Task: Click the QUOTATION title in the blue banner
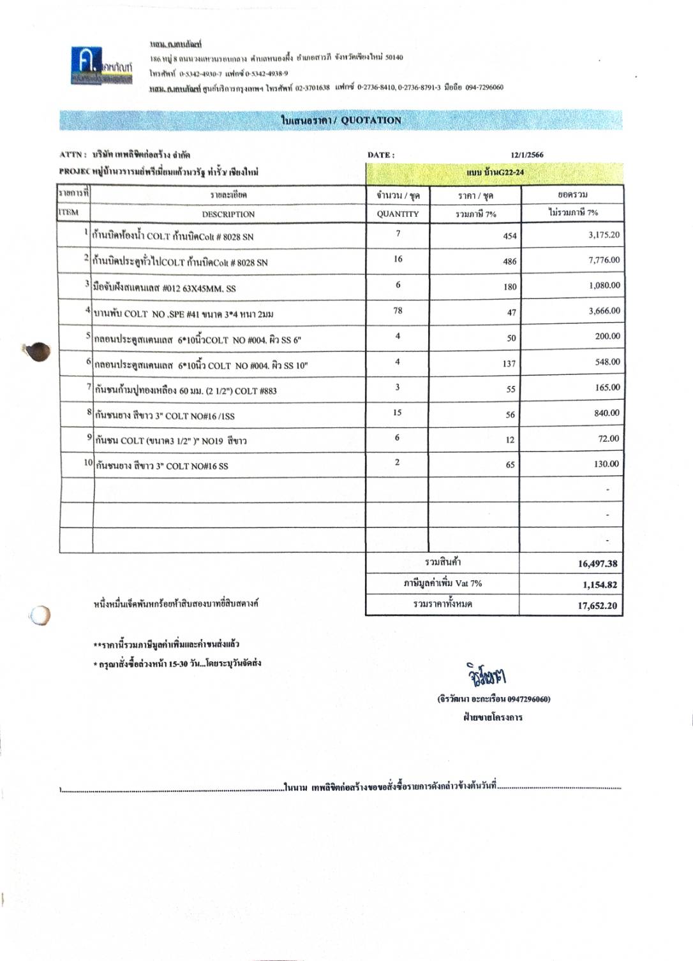pos(341,121)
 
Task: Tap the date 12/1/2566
pos(527,155)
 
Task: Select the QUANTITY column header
pos(397,214)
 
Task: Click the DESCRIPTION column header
pos(228,214)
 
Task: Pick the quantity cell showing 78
pos(398,311)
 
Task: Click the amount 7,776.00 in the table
pos(604,260)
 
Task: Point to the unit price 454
pos(509,236)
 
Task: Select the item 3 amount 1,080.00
pos(604,286)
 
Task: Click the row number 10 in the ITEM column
pos(88,462)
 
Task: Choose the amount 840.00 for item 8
pos(606,413)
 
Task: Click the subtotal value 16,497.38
pos(597,564)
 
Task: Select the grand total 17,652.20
pos(597,606)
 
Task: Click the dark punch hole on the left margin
pos(40,351)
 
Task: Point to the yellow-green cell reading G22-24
pos(495,173)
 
